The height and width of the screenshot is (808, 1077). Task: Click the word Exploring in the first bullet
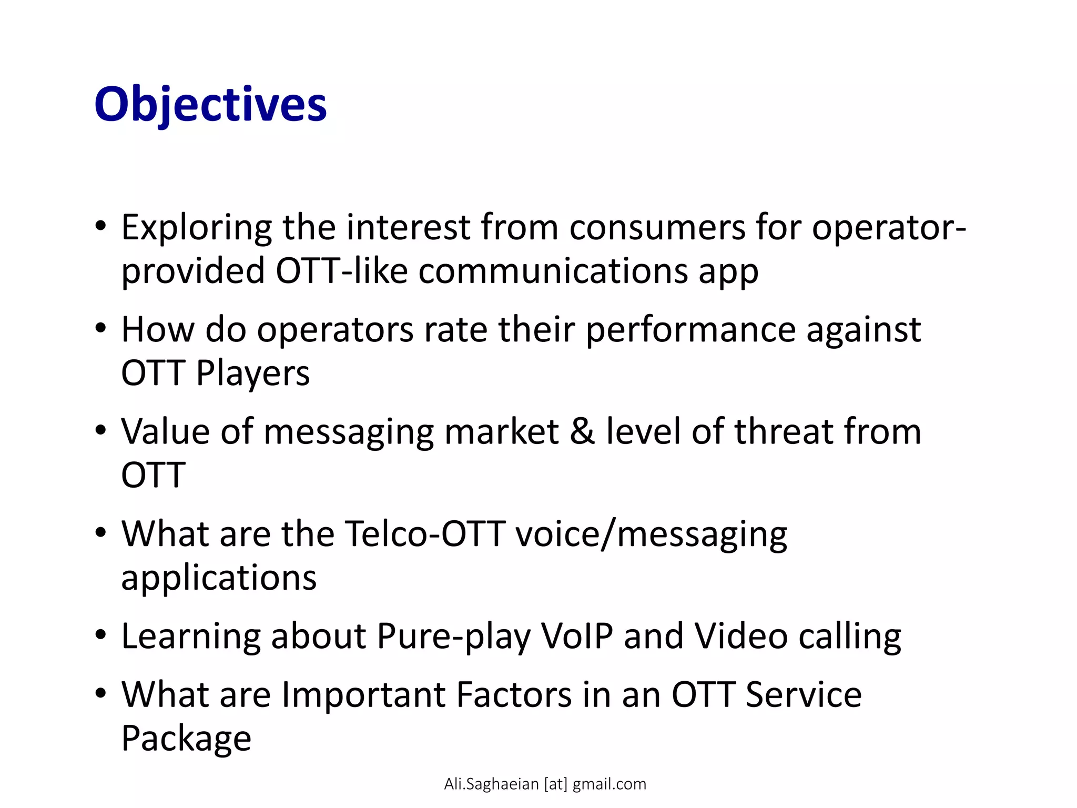point(196,228)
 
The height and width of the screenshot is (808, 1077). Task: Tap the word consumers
point(657,228)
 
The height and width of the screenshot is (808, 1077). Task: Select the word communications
point(553,271)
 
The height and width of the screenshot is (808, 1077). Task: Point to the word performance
point(690,330)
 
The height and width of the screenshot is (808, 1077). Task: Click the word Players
point(252,373)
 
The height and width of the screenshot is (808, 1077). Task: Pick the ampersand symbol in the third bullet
point(582,431)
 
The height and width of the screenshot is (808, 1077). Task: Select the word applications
point(219,578)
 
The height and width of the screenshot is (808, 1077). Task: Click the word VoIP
point(577,637)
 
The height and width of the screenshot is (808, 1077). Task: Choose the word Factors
point(514,695)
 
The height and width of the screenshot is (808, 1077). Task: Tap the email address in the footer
point(545,784)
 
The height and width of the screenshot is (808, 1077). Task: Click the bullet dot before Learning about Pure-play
point(100,635)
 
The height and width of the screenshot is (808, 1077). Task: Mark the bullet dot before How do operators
point(100,329)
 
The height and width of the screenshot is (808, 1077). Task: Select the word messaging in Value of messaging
point(348,432)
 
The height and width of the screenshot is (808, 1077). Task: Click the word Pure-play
point(453,637)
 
